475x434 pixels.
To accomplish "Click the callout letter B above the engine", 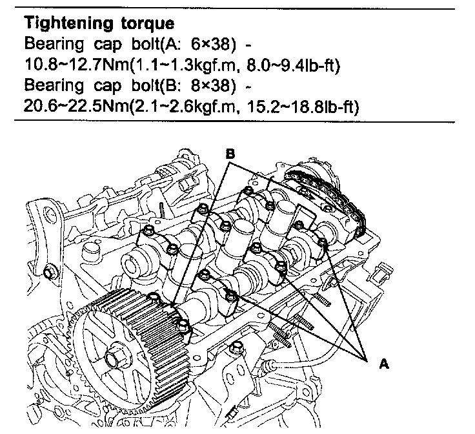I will coord(230,154).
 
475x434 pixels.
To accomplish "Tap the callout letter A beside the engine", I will coord(385,364).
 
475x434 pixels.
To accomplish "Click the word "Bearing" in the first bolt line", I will coord(49,44).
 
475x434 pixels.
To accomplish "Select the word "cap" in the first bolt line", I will coord(103,44).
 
